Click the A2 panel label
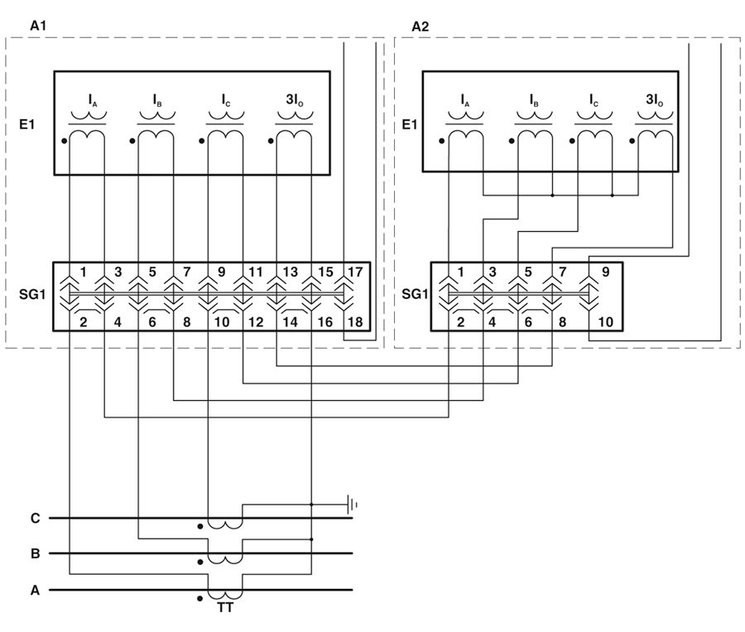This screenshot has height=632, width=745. [x=421, y=27]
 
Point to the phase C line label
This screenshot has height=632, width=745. [x=35, y=519]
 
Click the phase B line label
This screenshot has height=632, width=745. [x=35, y=553]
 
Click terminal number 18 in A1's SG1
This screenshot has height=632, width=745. [x=356, y=321]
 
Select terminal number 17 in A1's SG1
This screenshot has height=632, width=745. [x=356, y=272]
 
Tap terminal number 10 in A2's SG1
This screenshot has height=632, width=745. [x=606, y=321]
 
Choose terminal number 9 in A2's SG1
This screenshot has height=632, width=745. [x=606, y=272]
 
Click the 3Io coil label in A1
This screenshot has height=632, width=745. [x=293, y=100]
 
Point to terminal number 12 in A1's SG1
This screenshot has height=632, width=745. [x=255, y=321]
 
